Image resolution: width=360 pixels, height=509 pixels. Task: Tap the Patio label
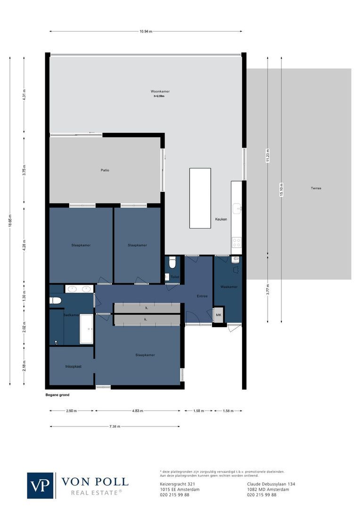tap(105, 170)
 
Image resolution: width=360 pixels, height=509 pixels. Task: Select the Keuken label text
tap(221, 219)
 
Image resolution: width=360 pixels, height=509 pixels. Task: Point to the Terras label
tap(316, 188)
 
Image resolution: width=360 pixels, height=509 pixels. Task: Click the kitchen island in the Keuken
tap(200, 198)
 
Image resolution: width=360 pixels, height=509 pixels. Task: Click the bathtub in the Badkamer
tap(86, 328)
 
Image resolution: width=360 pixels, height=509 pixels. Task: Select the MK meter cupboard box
tap(219, 315)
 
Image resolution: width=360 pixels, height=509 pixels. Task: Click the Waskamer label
tap(229, 287)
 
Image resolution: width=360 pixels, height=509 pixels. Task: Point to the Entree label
tap(202, 296)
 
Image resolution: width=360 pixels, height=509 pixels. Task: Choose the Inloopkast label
tap(74, 366)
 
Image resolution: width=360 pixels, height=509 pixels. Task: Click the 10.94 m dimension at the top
tap(146, 32)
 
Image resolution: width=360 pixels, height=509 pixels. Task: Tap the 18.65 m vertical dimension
tap(10, 220)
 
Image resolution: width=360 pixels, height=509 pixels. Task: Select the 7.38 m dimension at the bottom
tap(115, 427)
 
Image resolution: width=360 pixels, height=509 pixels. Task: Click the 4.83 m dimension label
tap(138, 411)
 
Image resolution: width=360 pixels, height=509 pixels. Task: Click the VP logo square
tap(41, 485)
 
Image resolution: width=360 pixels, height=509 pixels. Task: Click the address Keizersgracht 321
tap(177, 484)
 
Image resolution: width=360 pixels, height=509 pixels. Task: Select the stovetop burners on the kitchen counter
tap(237, 242)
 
